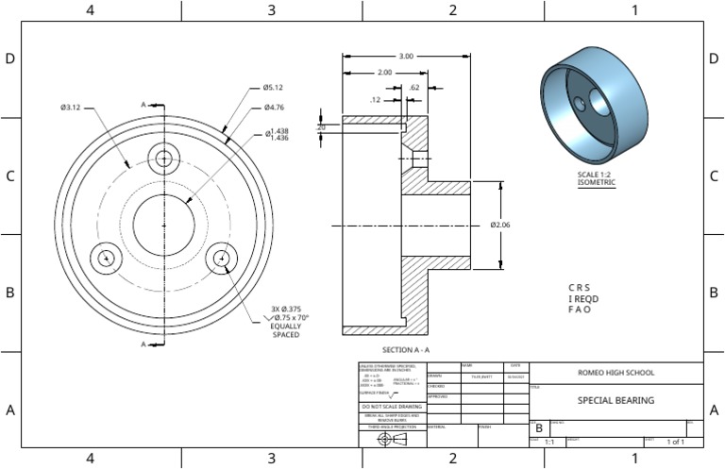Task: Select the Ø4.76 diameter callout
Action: pyautogui.click(x=275, y=107)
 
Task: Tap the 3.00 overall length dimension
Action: pyautogui.click(x=406, y=57)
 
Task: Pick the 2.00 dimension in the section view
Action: pyautogui.click(x=384, y=73)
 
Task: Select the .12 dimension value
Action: pyautogui.click(x=375, y=99)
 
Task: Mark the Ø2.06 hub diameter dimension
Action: pyautogui.click(x=500, y=225)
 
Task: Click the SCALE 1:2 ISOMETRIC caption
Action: pyautogui.click(x=596, y=178)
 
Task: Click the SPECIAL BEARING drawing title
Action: pyautogui.click(x=615, y=400)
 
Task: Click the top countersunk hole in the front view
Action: pyautogui.click(x=165, y=159)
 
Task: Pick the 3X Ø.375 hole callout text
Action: pyautogui.click(x=286, y=310)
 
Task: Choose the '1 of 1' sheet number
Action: pyautogui.click(x=676, y=442)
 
